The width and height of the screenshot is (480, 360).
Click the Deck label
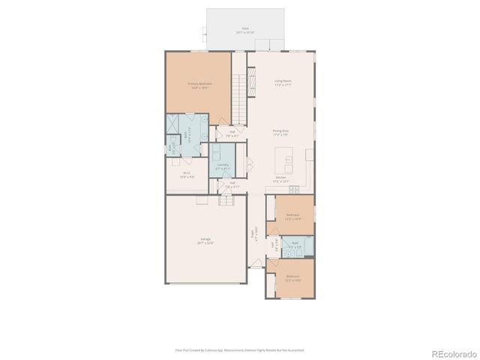245,31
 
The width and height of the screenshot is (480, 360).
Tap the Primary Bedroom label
199,85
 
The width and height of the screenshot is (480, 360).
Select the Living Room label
282,83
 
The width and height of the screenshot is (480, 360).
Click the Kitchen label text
281,179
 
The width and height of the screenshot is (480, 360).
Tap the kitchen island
288,159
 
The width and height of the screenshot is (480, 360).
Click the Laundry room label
223,166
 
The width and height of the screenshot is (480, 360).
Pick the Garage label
205,241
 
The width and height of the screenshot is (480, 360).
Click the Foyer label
254,233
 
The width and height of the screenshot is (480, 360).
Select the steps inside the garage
226,200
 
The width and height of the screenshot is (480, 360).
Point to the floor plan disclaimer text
240,349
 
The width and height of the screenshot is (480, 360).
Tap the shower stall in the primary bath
173,122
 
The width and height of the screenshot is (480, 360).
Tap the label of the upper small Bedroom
293,217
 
